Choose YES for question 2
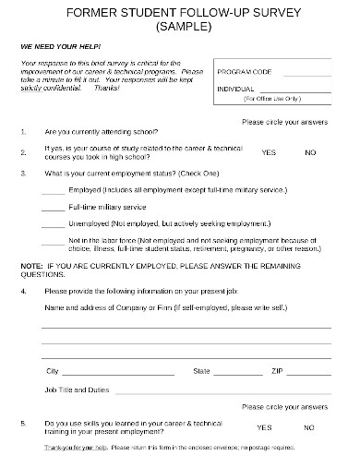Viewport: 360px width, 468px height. click(269, 151)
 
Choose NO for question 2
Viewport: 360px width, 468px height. click(309, 151)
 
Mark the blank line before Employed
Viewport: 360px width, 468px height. click(53, 190)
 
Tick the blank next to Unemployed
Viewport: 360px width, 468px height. click(53, 223)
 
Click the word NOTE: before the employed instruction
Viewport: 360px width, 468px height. click(30, 265)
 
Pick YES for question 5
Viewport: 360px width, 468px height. click(265, 427)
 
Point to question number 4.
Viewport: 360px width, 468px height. click(23, 290)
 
